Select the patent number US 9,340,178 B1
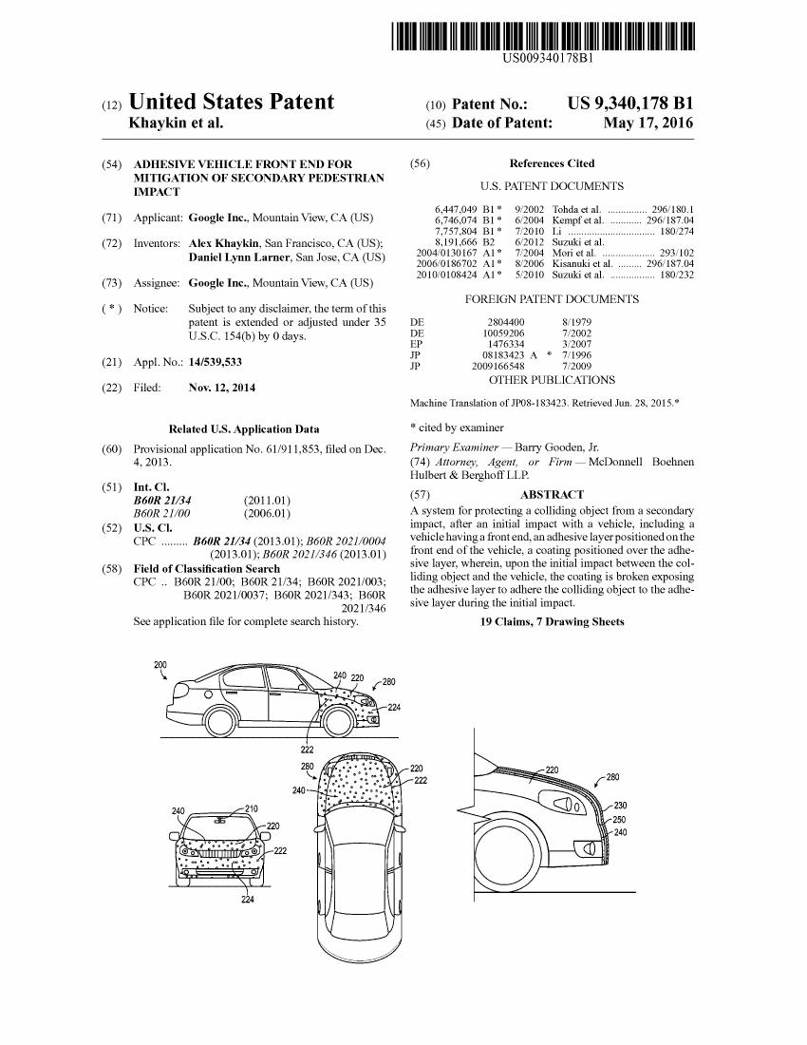click(629, 103)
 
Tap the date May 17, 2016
click(648, 123)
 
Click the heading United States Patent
click(231, 103)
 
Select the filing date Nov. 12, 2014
click(222, 388)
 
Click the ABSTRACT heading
click(552, 495)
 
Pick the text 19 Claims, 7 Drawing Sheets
click(552, 621)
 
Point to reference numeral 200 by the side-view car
click(160, 664)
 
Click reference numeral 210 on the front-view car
click(252, 808)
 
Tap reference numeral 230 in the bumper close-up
click(620, 806)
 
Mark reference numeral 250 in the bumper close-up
click(620, 820)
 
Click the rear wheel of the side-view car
click(220, 720)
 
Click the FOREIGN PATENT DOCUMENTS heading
click(552, 299)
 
